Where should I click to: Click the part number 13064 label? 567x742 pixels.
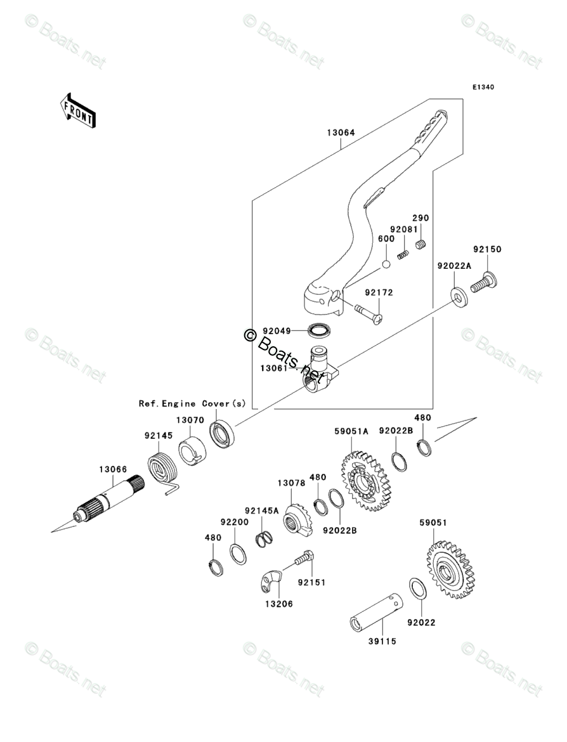pos(341,134)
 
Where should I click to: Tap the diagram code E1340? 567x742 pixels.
pos(482,87)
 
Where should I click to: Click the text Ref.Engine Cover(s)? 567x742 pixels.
pos(192,403)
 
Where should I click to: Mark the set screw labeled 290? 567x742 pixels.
pos(420,244)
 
